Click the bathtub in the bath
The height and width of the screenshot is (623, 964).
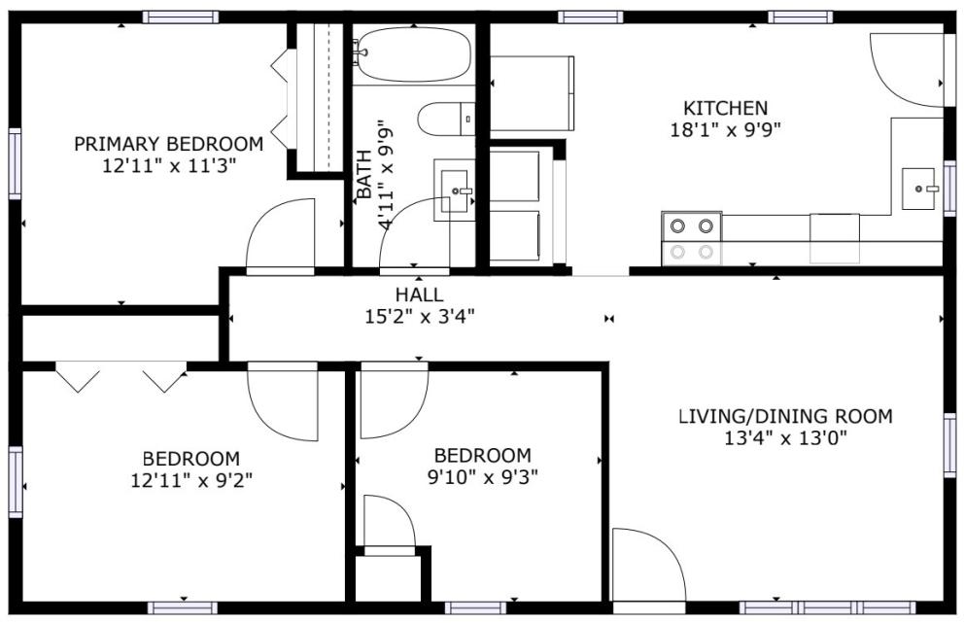pyautogui.click(x=413, y=54)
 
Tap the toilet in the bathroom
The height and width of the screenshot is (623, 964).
pyautogui.click(x=446, y=119)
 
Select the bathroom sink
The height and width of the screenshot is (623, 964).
pyautogui.click(x=455, y=190)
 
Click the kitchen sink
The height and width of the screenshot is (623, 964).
pyautogui.click(x=920, y=189)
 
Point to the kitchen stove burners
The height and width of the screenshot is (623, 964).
pyautogui.click(x=692, y=239)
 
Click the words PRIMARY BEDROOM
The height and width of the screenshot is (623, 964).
pyautogui.click(x=168, y=144)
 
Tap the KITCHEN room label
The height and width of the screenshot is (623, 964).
pyautogui.click(x=726, y=108)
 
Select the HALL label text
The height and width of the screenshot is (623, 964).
pyautogui.click(x=419, y=294)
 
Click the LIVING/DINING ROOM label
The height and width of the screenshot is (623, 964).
pyautogui.click(x=785, y=416)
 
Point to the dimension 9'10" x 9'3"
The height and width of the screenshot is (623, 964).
pyautogui.click(x=483, y=476)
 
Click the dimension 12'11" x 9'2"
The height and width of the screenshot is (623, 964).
pyautogui.click(x=191, y=480)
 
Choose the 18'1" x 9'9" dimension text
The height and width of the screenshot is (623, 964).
pyautogui.click(x=726, y=130)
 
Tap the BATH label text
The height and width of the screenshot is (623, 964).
pyautogui.click(x=364, y=175)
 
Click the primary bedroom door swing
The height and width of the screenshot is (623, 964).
pyautogui.click(x=280, y=233)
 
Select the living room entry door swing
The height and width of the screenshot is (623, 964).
pyautogui.click(x=648, y=564)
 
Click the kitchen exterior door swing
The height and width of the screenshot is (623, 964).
pyautogui.click(x=907, y=70)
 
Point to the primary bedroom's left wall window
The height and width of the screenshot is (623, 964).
pyautogui.click(x=15, y=163)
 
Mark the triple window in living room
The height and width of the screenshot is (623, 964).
pyautogui.click(x=828, y=607)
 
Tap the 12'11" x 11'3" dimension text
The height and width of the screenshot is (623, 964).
pyautogui.click(x=169, y=166)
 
